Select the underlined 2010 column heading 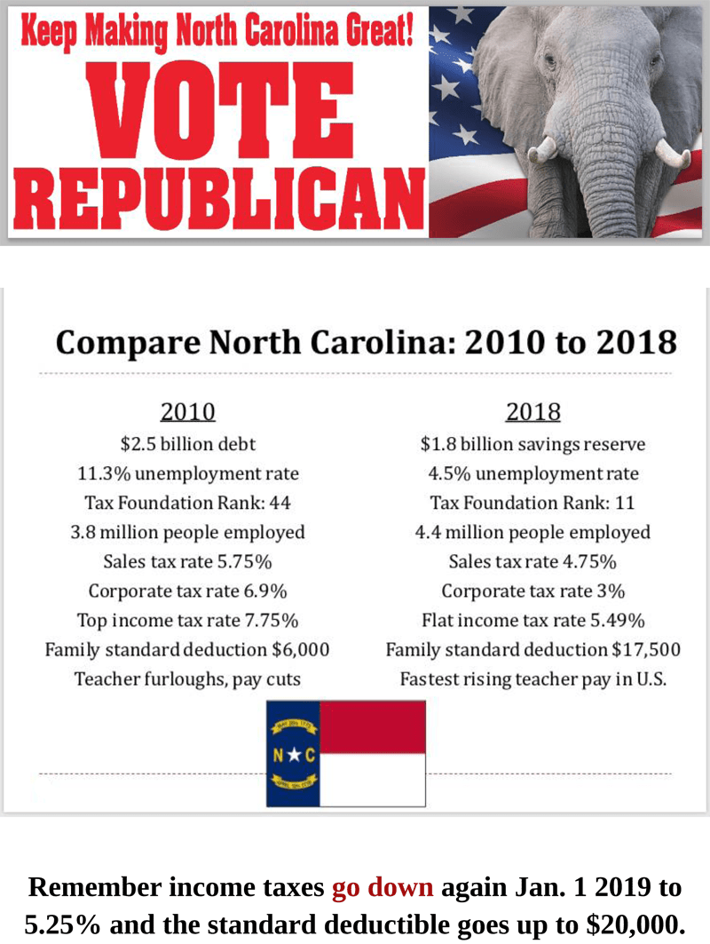(x=187, y=412)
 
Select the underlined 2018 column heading (x=533, y=412)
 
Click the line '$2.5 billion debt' (x=188, y=443)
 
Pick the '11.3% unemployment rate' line (x=188, y=472)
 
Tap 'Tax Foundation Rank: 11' (x=532, y=503)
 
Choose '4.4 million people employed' (x=532, y=532)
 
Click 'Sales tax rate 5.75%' (x=187, y=561)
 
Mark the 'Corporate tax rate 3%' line (x=532, y=591)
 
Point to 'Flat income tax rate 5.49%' (x=532, y=620)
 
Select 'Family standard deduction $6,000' (x=187, y=649)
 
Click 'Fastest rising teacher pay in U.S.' (x=532, y=679)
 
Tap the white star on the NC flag (x=293, y=756)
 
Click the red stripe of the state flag (x=373, y=726)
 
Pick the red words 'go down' (x=383, y=888)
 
